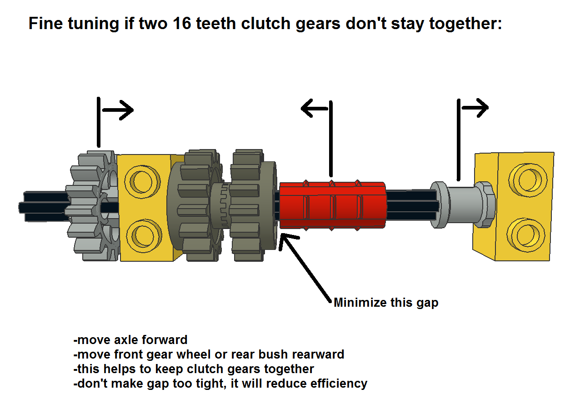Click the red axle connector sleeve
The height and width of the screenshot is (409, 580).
[332, 206]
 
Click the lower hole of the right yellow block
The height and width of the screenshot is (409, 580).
[527, 234]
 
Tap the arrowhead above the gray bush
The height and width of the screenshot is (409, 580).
[482, 108]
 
